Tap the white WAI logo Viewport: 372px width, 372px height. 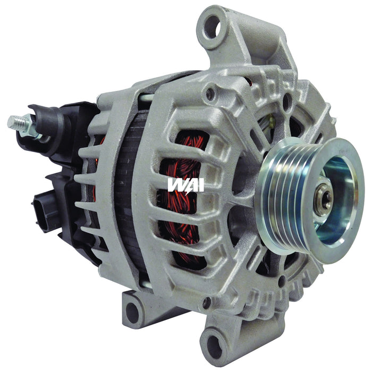pyautogui.click(x=185, y=184)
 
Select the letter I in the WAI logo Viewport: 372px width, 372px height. pyautogui.click(x=200, y=184)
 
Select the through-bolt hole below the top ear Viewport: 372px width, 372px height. pyautogui.click(x=211, y=95)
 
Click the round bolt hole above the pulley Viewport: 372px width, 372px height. pyautogui.click(x=286, y=101)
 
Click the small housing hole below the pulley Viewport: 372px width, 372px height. pyautogui.click(x=281, y=280)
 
